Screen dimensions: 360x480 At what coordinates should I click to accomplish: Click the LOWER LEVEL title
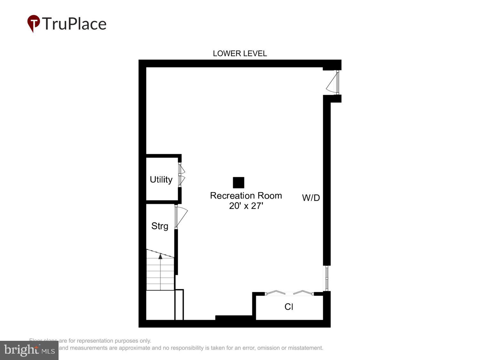pos(240,53)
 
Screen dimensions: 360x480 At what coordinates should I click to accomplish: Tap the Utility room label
pos(161,180)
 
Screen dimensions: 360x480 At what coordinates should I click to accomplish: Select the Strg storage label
pos(160,226)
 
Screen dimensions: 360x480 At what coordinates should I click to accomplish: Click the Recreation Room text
pos(246,196)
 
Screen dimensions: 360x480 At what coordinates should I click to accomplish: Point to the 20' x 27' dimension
pos(246,206)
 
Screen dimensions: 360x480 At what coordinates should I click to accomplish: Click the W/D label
pos(311,198)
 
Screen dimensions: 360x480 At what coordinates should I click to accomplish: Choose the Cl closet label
pos(289,307)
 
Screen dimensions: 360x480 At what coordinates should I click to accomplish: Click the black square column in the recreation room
pos(238,183)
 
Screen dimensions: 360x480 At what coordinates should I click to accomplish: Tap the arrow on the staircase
pos(160,256)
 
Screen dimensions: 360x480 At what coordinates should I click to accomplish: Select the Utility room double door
pos(181,175)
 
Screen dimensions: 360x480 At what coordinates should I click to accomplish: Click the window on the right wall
pos(327,278)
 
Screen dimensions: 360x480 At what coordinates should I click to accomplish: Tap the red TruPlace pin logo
pos(33,23)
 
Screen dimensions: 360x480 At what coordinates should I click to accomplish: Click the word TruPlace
pos(74,24)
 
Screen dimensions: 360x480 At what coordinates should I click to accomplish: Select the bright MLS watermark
pos(29,350)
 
